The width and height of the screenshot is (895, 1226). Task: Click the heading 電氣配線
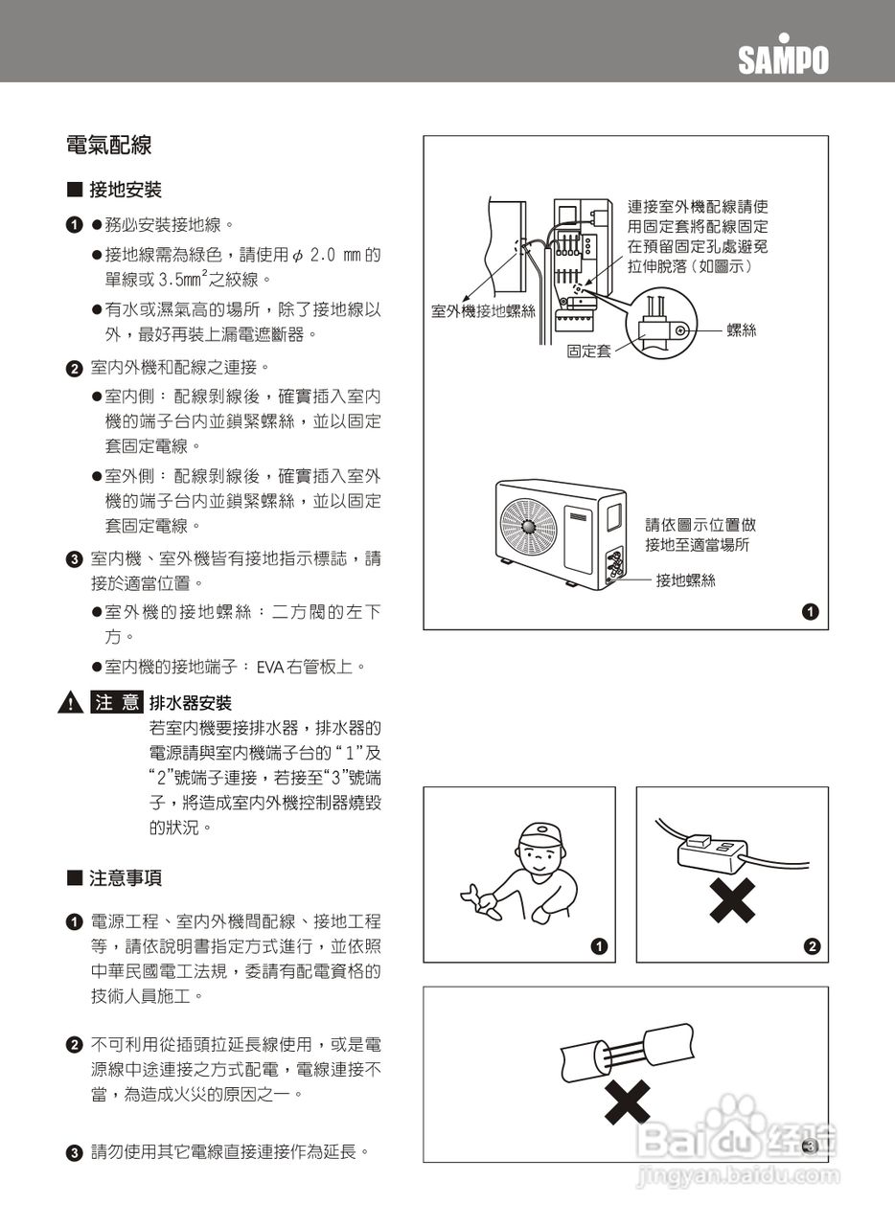pos(108,146)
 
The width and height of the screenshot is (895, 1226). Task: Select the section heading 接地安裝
pos(125,191)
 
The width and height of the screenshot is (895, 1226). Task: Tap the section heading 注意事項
pos(125,877)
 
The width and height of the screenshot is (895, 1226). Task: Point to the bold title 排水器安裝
pos(191,704)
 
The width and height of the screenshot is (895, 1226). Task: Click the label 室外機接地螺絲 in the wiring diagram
pos(483,311)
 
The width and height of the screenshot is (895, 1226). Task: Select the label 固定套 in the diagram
pos(588,352)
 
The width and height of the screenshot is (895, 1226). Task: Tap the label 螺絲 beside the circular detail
pos(742,330)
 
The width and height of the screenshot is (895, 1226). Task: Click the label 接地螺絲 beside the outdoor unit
pos(685,580)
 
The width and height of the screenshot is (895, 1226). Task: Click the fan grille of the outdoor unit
pos(528,526)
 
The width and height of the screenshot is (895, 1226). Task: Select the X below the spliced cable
pos(628,1101)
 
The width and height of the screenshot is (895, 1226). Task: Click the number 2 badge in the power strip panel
pos(812,947)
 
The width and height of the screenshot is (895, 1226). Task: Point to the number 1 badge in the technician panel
pos(599,947)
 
